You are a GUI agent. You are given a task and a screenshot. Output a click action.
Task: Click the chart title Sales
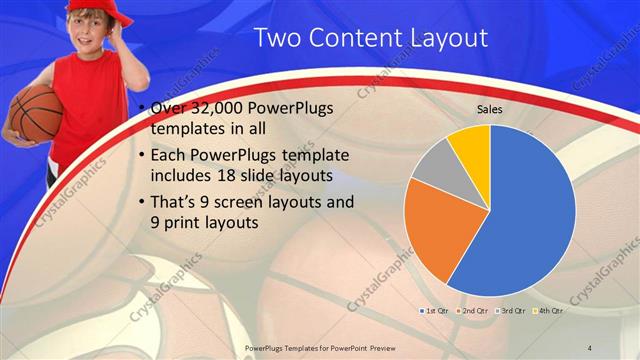point(489,109)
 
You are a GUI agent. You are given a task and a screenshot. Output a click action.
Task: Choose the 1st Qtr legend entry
point(435,311)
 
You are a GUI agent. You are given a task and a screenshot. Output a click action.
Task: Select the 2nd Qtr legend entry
point(473,311)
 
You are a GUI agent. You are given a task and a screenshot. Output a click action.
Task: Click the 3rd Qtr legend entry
point(510,311)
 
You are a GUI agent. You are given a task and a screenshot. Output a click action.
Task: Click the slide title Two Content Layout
point(370,38)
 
